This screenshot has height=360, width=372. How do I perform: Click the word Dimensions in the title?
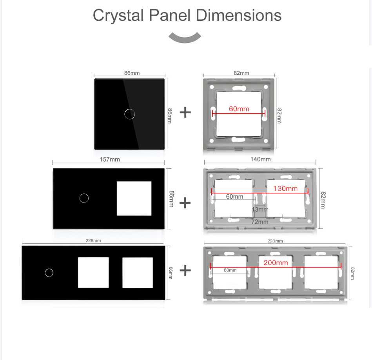tap(238, 15)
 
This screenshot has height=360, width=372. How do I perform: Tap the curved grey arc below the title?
tap(185, 39)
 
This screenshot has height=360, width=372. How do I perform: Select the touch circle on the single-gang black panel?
tap(129, 114)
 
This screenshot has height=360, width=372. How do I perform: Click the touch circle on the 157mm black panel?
tap(84, 198)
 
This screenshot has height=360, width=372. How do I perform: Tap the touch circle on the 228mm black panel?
tap(49, 273)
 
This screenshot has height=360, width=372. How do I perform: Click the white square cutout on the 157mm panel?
tap(134, 199)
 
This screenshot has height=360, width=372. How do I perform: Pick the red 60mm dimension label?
tap(239, 109)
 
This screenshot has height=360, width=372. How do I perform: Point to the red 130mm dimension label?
tap(285, 188)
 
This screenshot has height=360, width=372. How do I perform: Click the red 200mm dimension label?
tap(276, 263)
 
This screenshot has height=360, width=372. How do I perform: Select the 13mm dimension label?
tap(260, 210)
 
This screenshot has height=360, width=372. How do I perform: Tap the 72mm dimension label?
tap(260, 222)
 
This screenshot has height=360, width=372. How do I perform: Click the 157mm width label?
tap(110, 159)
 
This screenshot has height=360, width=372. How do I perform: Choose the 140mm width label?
tap(261, 159)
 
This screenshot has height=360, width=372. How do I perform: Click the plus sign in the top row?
tap(185, 112)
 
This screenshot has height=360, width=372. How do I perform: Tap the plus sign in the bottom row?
tap(185, 270)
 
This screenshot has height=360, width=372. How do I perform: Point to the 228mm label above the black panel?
tap(93, 241)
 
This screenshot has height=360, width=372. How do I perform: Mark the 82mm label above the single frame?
tap(241, 73)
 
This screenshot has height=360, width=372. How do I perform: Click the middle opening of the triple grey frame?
tap(275, 272)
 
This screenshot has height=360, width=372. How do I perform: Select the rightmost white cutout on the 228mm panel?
tap(138, 273)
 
